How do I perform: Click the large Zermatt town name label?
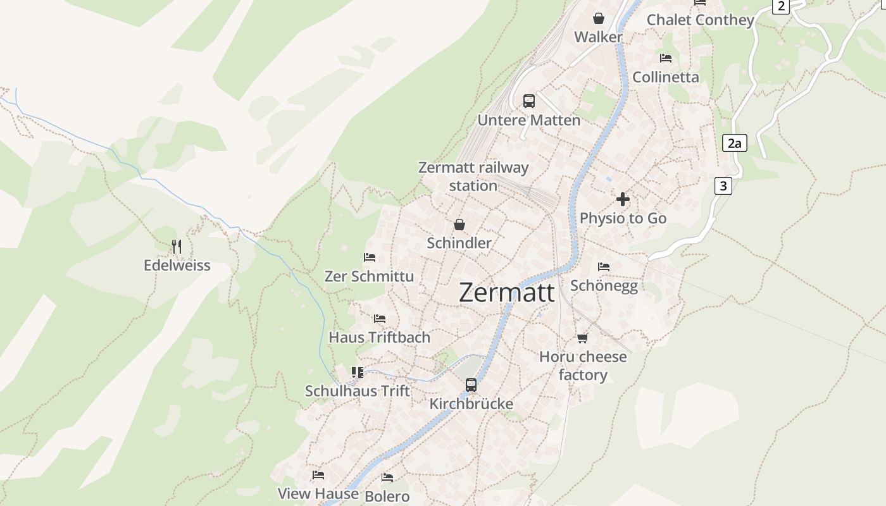[506, 293]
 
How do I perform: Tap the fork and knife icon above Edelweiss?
[177, 246]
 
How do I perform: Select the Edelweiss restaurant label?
[177, 265]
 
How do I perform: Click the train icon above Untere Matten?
[528, 101]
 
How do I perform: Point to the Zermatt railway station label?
[473, 176]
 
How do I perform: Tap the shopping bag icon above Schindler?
[459, 225]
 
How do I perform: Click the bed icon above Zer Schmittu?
[370, 257]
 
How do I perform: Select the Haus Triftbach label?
[379, 337]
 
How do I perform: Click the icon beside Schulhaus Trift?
[358, 373]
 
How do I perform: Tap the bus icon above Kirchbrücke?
[471, 385]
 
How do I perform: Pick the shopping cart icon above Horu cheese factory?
[583, 338]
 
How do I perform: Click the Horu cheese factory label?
[583, 366]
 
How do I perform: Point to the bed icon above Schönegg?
[604, 266]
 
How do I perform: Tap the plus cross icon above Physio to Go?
[623, 199]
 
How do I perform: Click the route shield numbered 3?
[723, 186]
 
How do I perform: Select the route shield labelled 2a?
[734, 143]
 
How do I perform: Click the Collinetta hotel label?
[666, 77]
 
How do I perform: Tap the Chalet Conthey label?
[700, 20]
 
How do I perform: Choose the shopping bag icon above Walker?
[598, 18]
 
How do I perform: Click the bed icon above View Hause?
[318, 474]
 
